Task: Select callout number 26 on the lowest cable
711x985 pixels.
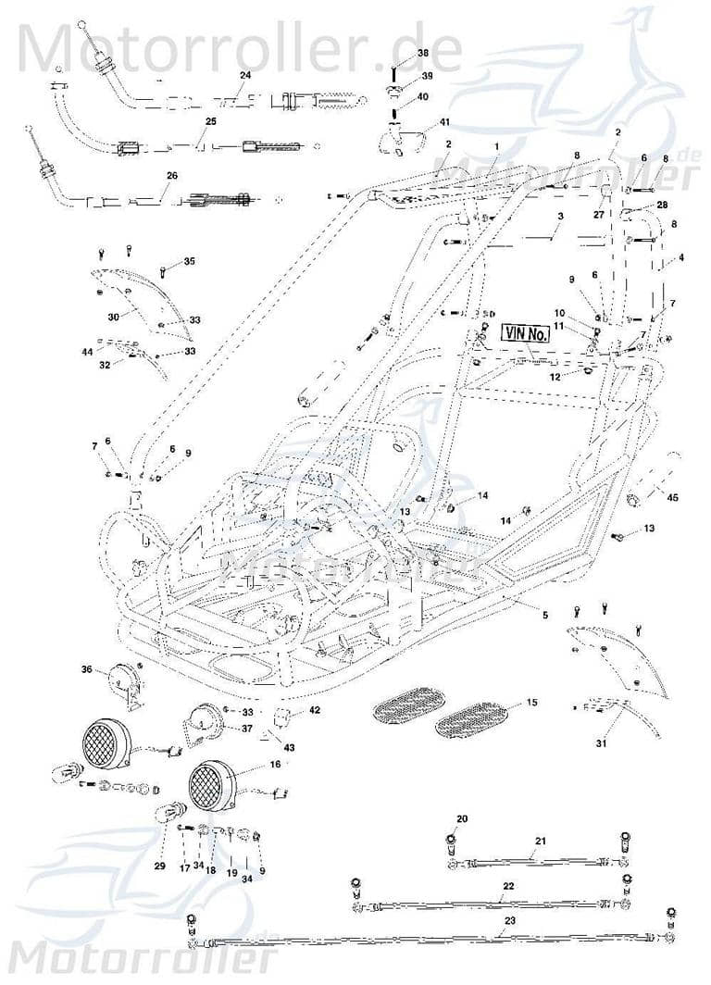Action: coord(171,176)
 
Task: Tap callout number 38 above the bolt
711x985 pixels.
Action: coord(423,53)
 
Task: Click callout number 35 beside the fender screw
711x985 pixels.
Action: coord(190,262)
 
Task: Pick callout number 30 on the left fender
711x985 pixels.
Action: coord(113,317)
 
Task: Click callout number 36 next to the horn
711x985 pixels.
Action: coord(87,669)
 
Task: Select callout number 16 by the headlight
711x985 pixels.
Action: coord(275,765)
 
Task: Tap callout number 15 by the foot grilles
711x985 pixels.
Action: coord(531,704)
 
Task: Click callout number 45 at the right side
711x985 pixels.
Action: coord(673,498)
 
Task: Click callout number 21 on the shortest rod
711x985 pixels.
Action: coord(540,840)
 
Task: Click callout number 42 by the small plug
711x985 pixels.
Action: coord(315,710)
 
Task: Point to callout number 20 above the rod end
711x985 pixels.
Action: coord(462,818)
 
